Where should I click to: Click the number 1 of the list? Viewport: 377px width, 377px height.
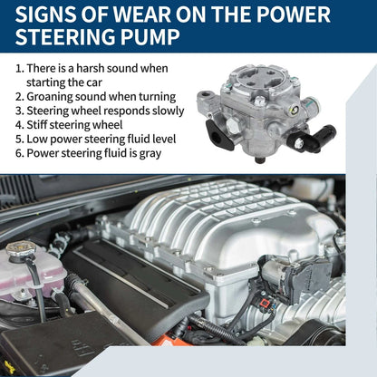(x=19, y=69)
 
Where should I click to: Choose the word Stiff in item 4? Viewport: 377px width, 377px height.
(x=35, y=125)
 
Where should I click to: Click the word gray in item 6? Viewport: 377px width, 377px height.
(x=150, y=154)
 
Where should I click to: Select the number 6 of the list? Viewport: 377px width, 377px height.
(x=19, y=153)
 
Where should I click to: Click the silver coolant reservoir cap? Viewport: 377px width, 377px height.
(x=21, y=250)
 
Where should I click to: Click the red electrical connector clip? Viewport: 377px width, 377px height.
(x=266, y=303)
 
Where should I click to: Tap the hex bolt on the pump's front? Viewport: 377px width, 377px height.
(x=233, y=124)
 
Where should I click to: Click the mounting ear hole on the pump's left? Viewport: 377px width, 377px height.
(x=206, y=94)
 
